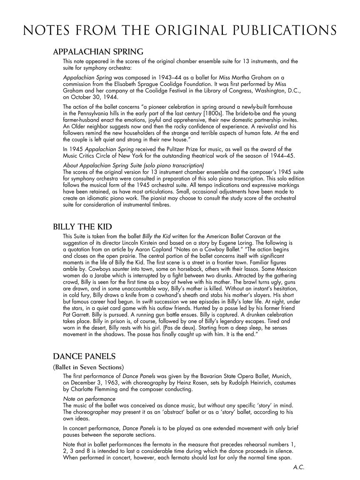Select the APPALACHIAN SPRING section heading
click(98, 52)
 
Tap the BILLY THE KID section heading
click(82, 227)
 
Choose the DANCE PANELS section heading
click(84, 357)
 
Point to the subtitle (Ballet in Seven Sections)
click(88, 367)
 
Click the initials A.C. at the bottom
click(299, 467)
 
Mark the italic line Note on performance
click(89, 399)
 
